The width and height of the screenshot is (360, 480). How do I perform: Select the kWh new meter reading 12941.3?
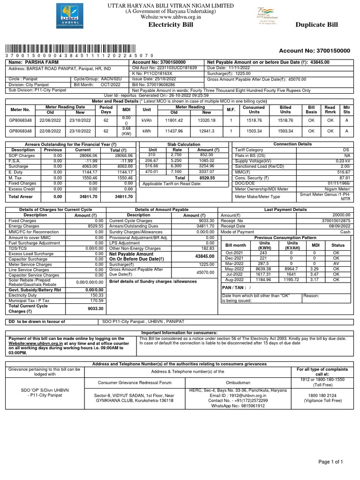click(x=206, y=131)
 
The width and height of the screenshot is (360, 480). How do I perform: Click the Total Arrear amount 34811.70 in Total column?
click(x=124, y=197)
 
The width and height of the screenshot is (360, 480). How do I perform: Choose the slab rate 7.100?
click(x=176, y=172)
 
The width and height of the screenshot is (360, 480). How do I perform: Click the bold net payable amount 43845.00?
click(x=204, y=256)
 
